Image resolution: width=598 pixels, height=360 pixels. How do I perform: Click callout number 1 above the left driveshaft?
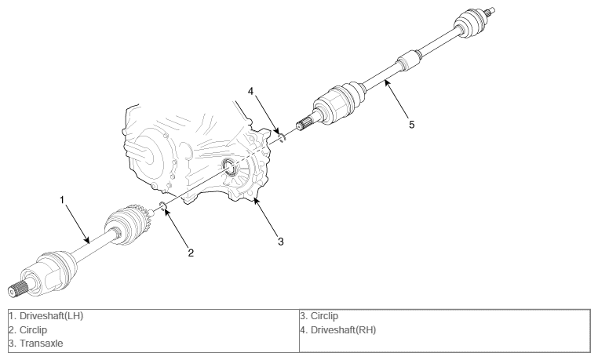(63, 200)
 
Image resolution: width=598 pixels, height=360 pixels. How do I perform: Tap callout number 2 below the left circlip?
(191, 253)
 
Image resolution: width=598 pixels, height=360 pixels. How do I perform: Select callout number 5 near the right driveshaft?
(411, 125)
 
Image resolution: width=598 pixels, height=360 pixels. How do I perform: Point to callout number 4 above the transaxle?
(250, 91)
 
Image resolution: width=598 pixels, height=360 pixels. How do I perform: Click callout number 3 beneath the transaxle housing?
(281, 242)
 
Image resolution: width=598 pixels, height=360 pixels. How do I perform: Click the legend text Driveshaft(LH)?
(51, 316)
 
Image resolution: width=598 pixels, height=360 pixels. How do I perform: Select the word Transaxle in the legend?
(41, 344)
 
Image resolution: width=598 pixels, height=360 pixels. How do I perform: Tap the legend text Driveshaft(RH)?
(343, 330)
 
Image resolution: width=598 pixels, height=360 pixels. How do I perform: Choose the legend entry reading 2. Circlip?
(27, 330)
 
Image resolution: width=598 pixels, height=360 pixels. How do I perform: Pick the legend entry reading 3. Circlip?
(319, 316)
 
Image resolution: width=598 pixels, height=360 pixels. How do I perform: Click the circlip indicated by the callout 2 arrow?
(162, 206)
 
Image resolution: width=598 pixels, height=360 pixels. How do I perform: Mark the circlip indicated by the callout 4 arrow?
(282, 137)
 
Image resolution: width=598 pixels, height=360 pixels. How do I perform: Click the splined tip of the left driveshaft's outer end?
(16, 289)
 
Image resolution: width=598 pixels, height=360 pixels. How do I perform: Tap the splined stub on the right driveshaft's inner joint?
(304, 125)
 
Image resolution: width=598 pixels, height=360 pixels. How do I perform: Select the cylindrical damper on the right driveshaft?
(408, 60)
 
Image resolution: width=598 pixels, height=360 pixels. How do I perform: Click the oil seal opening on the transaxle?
(230, 167)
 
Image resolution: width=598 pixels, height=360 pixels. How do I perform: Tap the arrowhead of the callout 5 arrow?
(386, 82)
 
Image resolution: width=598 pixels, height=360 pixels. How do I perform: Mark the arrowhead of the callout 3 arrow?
(256, 201)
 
